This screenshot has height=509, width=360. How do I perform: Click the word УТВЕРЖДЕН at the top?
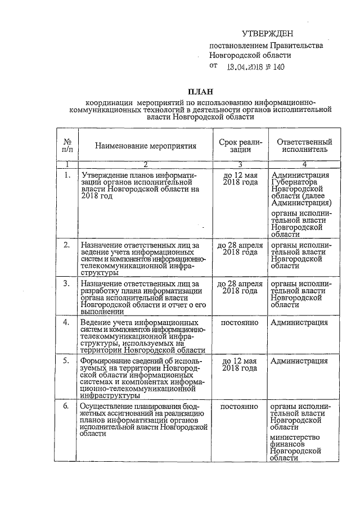267,34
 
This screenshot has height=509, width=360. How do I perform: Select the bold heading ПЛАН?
200,92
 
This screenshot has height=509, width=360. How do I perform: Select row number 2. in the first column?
67,245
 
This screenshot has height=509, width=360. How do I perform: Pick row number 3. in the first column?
67,283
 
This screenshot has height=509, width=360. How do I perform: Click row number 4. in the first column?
67,322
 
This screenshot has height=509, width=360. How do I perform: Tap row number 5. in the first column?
67,361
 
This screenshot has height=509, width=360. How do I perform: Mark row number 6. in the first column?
67,406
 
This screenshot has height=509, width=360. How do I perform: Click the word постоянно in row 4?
240,322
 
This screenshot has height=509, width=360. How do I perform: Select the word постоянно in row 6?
240,406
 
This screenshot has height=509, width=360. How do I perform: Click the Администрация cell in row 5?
299,361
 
